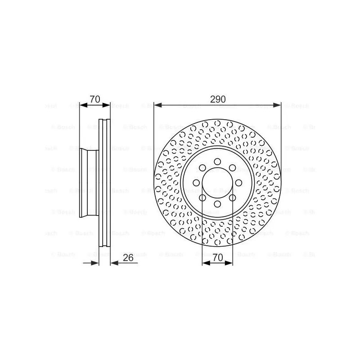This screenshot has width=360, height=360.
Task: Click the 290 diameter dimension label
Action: click(218, 99)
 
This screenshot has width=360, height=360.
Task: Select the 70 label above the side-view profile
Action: click(94, 99)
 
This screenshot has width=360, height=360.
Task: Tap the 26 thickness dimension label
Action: click(128, 258)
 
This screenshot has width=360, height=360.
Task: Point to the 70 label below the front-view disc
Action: click(218, 258)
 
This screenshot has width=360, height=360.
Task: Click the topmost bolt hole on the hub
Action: click(218, 162)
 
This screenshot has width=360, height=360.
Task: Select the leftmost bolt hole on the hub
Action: click(197, 183)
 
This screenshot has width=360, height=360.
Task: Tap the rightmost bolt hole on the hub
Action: click(239, 183)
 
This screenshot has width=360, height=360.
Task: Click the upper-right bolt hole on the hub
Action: click(233, 168)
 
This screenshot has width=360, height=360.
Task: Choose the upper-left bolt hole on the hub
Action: click(202, 168)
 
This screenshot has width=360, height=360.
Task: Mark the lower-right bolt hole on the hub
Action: click(233, 198)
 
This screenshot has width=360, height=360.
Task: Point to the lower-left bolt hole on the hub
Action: click(202, 198)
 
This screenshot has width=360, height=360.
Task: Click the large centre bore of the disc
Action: click(218, 183)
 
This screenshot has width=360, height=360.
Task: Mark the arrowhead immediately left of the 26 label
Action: click(113, 263)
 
